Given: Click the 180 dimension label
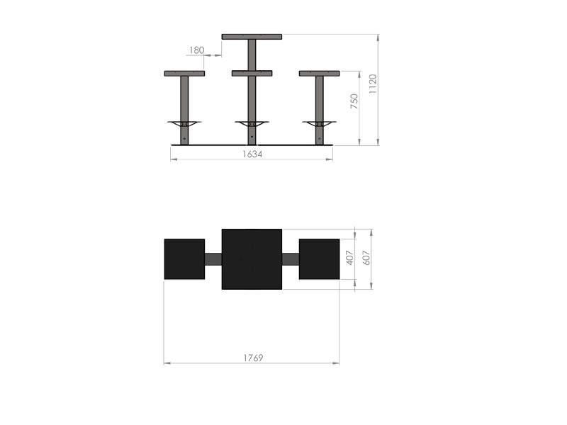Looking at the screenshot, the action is click(197, 50).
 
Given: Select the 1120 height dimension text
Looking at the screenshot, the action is click(373, 84).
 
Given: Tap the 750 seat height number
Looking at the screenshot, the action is click(354, 101).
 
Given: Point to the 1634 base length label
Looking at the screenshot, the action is click(252, 154).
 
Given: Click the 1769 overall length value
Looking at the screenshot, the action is click(253, 358).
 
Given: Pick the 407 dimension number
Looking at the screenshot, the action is click(349, 258).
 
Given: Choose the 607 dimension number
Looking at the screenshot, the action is click(366, 258).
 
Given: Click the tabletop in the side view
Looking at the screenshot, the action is click(252, 37).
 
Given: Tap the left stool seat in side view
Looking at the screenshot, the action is click(184, 74).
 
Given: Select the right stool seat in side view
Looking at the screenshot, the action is click(320, 74).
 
